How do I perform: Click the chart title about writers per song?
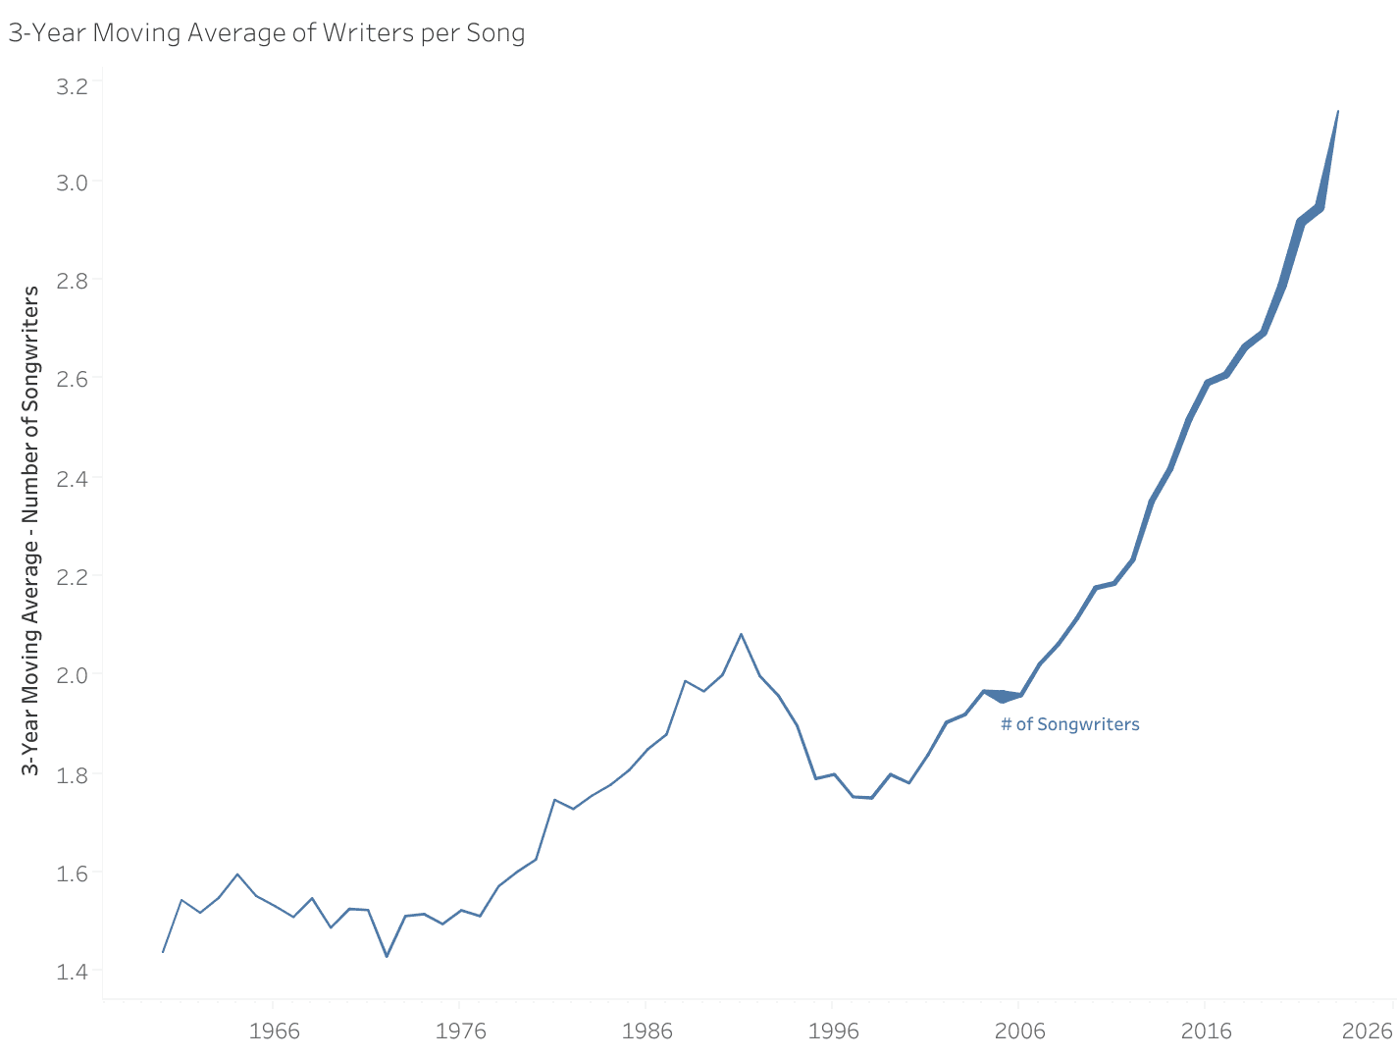pos(267,33)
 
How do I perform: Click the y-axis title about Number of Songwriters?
pos(31,530)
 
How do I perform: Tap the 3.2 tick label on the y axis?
pos(72,86)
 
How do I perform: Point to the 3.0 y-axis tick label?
pos(72,183)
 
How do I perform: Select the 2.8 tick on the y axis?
pos(72,281)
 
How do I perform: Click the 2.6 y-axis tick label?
pos(72,379)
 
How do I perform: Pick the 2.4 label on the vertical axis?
pos(72,479)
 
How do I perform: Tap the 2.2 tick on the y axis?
pos(72,577)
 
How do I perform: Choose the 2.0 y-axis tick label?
pos(72,675)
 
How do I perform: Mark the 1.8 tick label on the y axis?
pos(72,774)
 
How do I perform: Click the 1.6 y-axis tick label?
pos(72,873)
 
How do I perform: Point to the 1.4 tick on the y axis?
pos(72,972)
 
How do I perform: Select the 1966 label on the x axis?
pos(274,1032)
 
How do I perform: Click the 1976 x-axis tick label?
pos(460,1032)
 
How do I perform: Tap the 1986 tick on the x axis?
pos(647,1032)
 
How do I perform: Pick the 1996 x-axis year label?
pos(833,1032)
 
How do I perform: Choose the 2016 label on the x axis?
pos(1206,1032)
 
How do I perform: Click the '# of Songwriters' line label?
pos(1069,725)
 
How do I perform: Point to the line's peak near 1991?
pos(741,634)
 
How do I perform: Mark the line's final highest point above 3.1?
pos(1338,111)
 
